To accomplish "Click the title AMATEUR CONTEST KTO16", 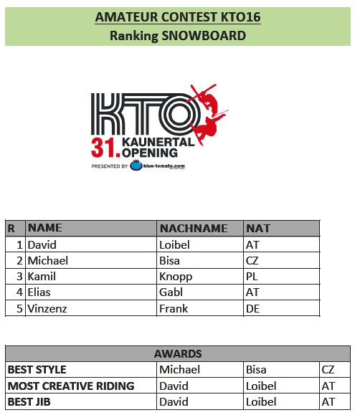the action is click(178, 17).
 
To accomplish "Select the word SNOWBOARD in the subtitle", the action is click(204, 36).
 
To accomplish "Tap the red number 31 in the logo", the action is click(103, 148).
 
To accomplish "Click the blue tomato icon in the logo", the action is click(136, 166).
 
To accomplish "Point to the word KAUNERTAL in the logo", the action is click(158, 142).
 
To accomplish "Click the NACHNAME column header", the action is click(194, 229).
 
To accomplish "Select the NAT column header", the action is click(258, 229).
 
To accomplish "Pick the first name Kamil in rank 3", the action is click(42, 277).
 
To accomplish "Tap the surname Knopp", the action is click(176, 277).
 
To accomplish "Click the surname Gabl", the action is click(171, 292).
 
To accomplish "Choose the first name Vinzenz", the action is click(47, 309).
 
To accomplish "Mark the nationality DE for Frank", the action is click(252, 309).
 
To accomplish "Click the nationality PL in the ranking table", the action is click(252, 277).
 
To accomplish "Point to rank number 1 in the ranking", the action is click(19, 245).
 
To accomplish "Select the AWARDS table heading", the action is click(178, 354).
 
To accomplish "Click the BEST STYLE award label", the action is click(37, 370).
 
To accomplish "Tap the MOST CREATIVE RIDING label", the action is click(71, 386).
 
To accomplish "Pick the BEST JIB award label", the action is click(29, 402).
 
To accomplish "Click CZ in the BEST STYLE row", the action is click(328, 370).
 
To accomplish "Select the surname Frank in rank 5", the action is click(174, 309).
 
